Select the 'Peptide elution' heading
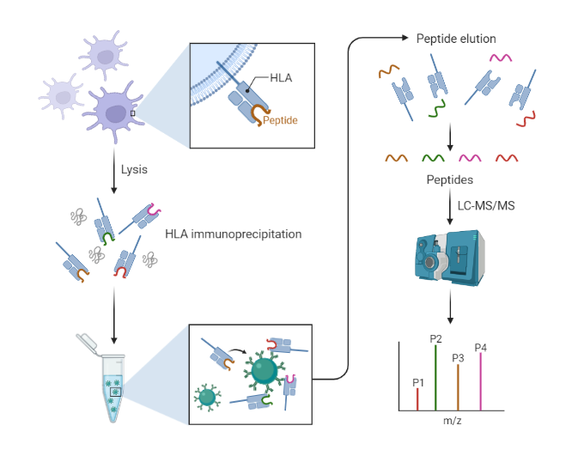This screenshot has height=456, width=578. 456,40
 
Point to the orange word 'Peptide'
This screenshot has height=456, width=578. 281,120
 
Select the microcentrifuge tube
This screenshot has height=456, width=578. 113,378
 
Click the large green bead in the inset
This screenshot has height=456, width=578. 265,370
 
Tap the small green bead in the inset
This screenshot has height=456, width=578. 207,397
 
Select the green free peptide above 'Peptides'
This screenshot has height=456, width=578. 433,158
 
